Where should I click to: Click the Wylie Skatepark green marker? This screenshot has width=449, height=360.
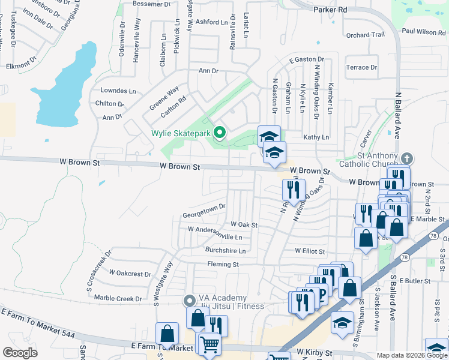(x=220, y=133)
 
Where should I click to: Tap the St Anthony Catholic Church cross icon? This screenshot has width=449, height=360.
(x=407, y=159)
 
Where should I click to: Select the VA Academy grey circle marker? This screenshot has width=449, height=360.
(x=190, y=299)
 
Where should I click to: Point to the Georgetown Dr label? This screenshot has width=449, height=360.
(x=204, y=206)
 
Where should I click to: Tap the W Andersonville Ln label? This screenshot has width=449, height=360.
(x=214, y=229)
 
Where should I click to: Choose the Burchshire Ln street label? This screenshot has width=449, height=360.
(x=226, y=251)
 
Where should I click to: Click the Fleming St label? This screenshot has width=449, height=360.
(x=223, y=264)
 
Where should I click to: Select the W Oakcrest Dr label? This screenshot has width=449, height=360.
(x=130, y=274)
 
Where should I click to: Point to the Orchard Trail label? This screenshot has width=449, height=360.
(x=366, y=35)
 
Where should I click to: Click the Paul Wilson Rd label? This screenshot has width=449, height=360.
(x=424, y=31)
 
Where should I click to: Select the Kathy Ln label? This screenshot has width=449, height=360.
(x=316, y=137)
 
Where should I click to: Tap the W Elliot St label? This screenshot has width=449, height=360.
(x=310, y=251)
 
